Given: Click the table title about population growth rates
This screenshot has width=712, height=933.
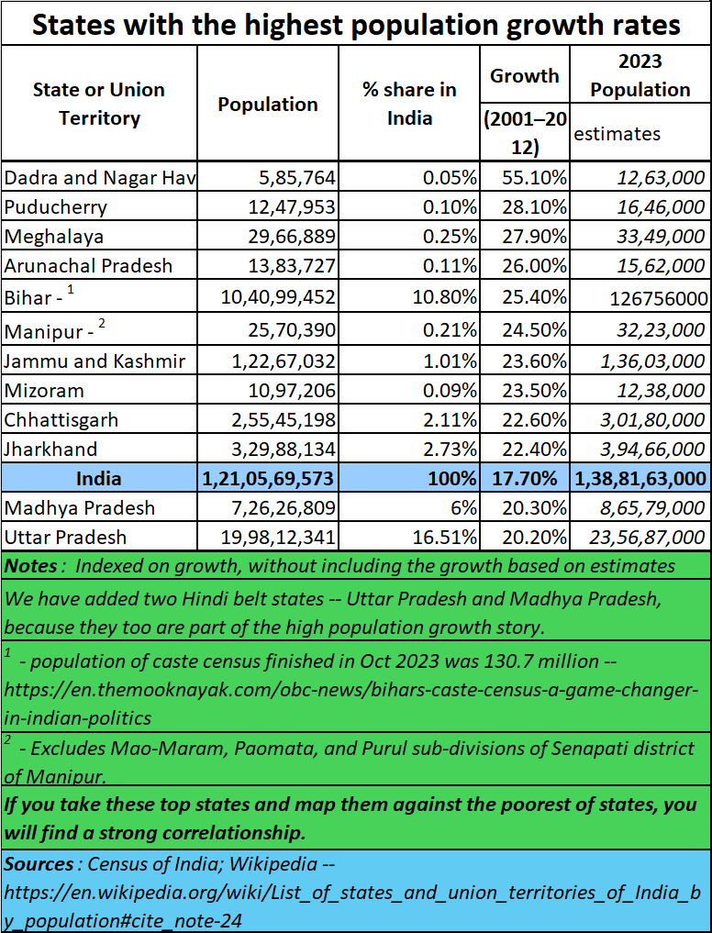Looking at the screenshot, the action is (356, 25).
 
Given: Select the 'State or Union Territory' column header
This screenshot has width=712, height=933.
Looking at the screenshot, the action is (99, 104).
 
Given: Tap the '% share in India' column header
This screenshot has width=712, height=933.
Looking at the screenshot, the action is (409, 104).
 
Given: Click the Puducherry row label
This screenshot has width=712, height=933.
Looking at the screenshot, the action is (55, 207).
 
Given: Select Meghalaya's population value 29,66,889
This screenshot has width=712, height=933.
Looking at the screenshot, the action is (292, 236).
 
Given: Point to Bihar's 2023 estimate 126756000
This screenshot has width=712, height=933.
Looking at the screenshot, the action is (659, 297).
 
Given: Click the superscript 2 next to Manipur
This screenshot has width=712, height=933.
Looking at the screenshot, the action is (102, 324).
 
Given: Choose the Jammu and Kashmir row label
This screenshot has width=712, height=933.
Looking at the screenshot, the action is (95, 361).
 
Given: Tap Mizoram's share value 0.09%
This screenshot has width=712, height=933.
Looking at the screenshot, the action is (450, 390).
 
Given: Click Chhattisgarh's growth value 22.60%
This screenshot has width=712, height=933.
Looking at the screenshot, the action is (534, 419).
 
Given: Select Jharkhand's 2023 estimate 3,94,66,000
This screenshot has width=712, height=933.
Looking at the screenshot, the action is (651, 450).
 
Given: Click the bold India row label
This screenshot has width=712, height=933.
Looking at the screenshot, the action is (99, 478).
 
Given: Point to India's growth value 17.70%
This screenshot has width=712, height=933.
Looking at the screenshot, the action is (524, 478).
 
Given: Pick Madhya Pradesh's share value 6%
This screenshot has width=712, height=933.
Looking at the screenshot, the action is (464, 507).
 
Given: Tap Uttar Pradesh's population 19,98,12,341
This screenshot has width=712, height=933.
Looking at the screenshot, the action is (278, 537).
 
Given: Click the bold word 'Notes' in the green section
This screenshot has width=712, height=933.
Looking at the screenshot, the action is (31, 566).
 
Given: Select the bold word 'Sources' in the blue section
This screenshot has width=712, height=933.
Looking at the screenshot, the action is (39, 864).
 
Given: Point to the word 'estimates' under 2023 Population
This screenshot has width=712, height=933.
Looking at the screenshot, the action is (617, 133).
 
